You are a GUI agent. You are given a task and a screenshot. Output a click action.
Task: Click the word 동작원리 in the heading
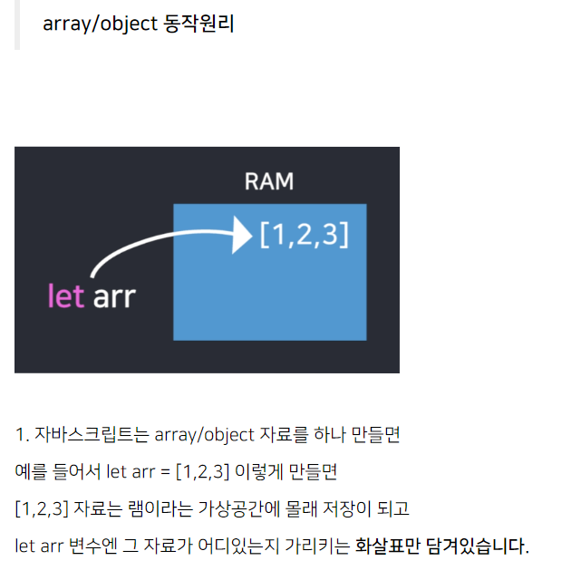tap(199, 24)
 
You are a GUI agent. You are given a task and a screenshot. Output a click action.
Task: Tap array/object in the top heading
tap(100, 24)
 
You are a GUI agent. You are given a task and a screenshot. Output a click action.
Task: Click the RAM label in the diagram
tap(269, 181)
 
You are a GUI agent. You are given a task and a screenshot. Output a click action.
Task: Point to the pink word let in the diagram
tap(65, 295)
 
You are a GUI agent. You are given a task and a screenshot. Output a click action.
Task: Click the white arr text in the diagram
tap(113, 296)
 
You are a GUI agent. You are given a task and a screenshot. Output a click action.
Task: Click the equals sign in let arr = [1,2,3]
tap(164, 472)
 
